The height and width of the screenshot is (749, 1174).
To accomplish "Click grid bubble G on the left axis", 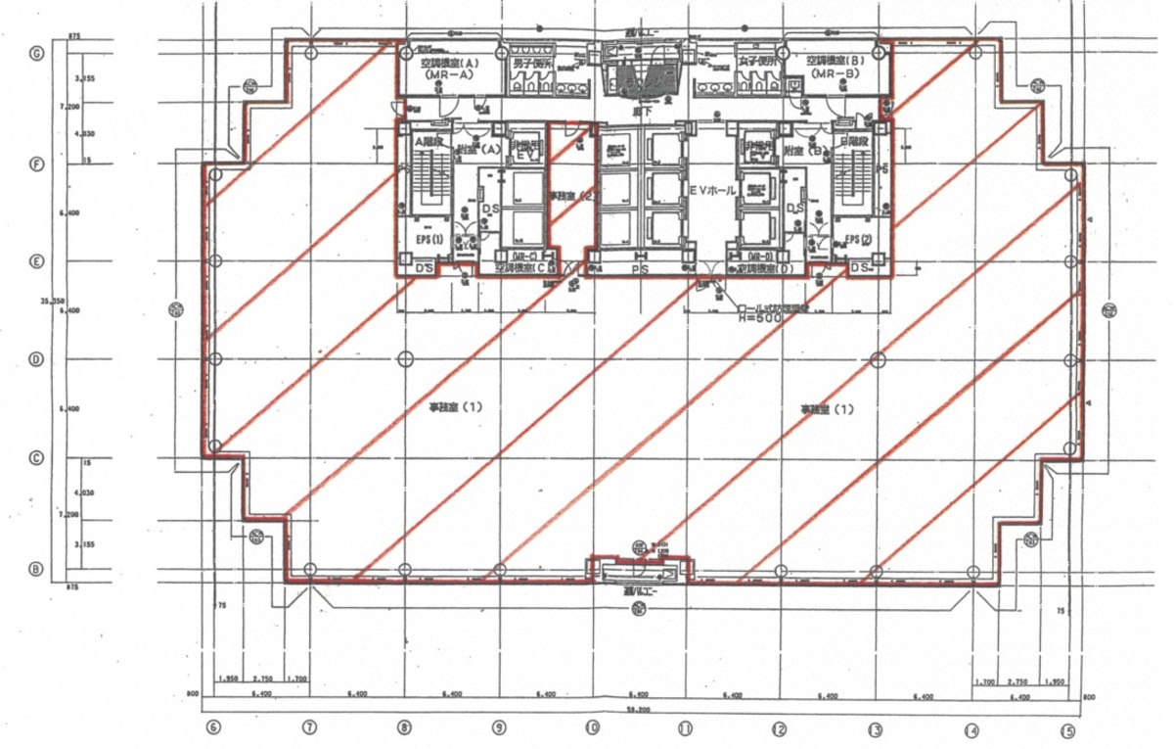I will click(x=36, y=54).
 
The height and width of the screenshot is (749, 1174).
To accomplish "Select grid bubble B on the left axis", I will click(x=36, y=569).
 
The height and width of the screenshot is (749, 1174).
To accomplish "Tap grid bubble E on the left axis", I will click(x=36, y=261).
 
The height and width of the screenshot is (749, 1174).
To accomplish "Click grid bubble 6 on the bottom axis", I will click(x=213, y=727).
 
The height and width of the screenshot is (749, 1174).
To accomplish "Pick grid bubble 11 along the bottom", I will click(x=686, y=728).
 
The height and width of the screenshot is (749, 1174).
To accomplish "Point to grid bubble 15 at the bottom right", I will click(x=1068, y=729).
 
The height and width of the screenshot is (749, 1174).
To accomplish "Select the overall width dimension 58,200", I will click(x=640, y=710).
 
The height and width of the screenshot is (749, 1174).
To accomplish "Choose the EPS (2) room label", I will click(x=858, y=240).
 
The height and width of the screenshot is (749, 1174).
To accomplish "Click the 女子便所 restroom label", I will click(x=759, y=63).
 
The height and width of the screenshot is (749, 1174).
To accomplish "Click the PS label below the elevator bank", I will click(x=640, y=267).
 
